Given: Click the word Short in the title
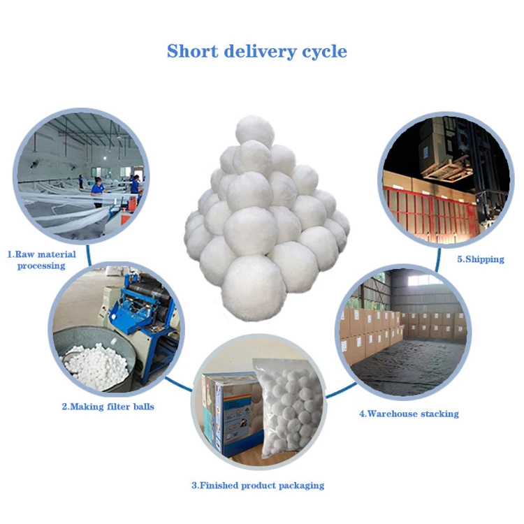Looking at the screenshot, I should coord(192,51).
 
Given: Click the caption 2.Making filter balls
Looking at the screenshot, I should coord(108,407).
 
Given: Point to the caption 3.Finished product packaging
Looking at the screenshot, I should coord(258,484).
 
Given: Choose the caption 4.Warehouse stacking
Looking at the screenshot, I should coord(409,414).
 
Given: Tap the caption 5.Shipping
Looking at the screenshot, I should coord(480,259).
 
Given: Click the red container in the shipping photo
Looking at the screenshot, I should coord(433,210).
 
